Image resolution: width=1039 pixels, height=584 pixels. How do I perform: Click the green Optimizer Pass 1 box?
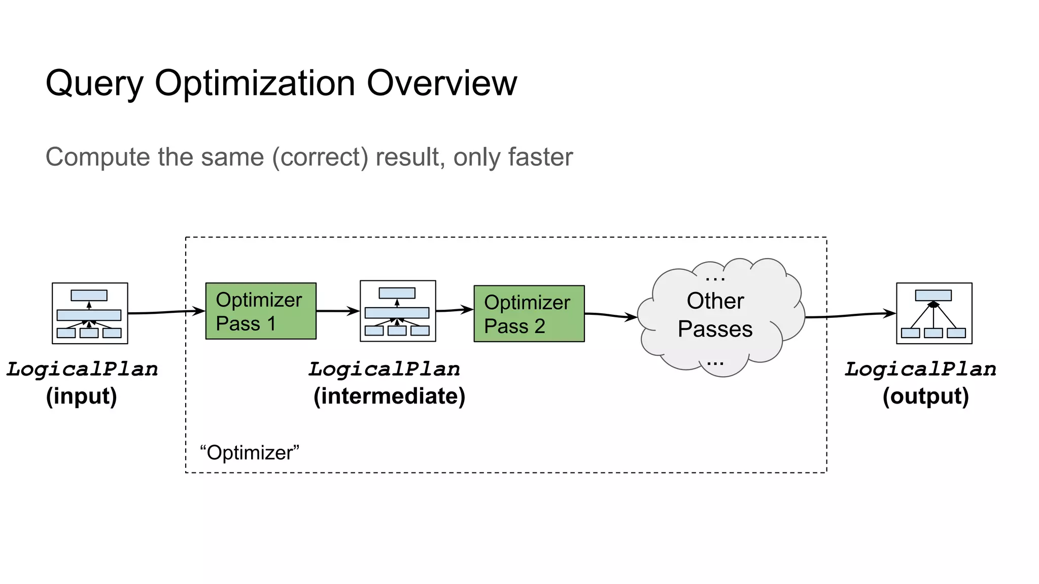[260, 311]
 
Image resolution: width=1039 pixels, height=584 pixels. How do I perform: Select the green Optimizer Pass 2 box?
[529, 313]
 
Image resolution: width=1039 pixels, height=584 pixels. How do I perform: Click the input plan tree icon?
[90, 313]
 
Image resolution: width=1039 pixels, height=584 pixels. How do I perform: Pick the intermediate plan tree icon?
[397, 311]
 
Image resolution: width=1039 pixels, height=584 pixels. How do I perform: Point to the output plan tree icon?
[933, 313]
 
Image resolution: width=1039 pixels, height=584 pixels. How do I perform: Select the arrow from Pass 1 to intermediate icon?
[337, 311]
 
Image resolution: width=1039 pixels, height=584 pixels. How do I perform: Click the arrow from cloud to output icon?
[850, 315]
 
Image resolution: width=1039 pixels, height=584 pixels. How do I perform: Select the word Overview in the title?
[441, 83]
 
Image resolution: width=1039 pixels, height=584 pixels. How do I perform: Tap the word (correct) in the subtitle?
[320, 157]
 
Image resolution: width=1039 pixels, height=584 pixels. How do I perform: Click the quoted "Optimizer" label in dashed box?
[250, 453]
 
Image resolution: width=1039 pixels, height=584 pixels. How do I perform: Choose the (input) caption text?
[81, 396]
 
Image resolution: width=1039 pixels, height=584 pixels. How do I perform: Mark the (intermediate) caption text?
[389, 396]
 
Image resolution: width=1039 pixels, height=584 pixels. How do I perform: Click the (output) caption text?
[925, 396]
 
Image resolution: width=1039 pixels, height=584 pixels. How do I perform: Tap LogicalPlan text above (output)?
[920, 369]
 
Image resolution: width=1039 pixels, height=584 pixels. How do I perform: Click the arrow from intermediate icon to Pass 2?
[455, 310]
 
